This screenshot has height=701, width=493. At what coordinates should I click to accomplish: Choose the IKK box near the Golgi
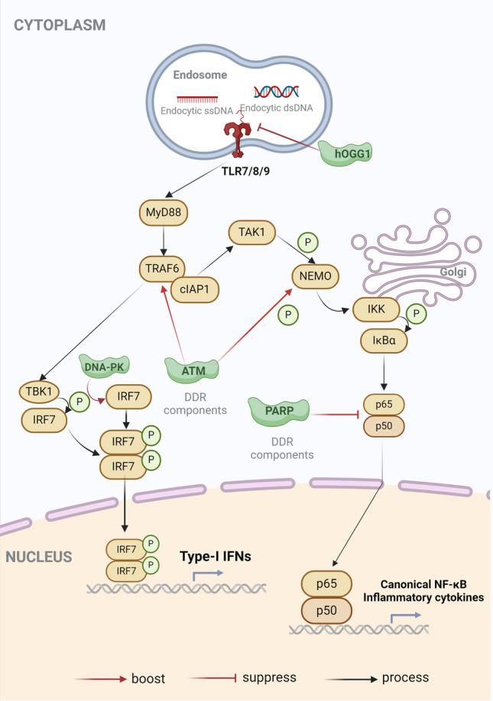(376, 309)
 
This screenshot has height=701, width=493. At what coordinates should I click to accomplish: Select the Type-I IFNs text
(215, 556)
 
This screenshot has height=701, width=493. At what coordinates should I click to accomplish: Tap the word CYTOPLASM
(59, 25)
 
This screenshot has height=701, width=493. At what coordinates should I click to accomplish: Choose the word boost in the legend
(148, 678)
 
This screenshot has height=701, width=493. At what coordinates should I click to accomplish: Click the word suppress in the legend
(269, 677)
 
